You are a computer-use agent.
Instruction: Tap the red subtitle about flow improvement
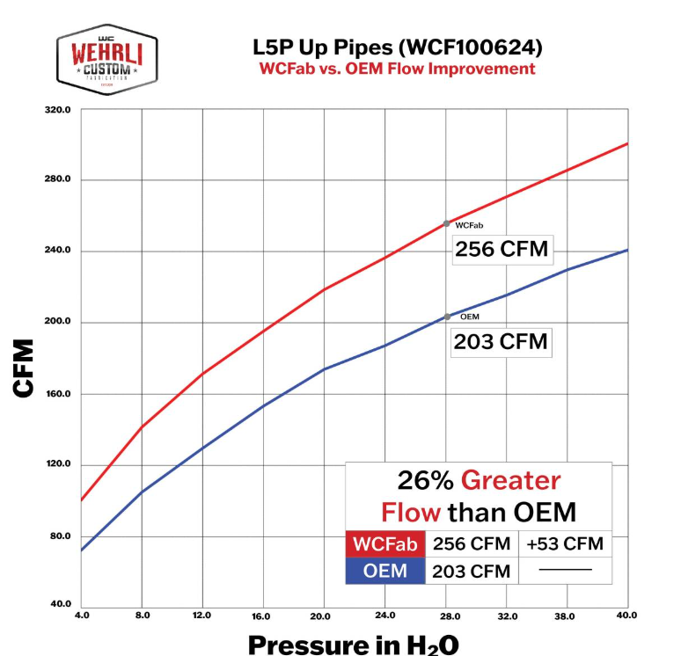[x=396, y=69]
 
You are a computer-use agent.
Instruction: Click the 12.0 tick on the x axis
[x=203, y=615]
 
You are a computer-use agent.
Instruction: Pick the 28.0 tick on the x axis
[x=446, y=615]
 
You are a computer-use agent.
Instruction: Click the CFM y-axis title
[x=24, y=368]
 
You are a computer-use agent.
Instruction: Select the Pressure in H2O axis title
[x=353, y=644]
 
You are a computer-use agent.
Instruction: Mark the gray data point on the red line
[x=446, y=223]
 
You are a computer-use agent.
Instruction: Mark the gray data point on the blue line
[x=447, y=317]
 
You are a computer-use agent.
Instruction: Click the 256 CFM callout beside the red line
[x=501, y=249]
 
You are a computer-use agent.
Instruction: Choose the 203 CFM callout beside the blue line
[x=501, y=341]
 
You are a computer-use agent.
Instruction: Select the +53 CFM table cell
[x=564, y=544]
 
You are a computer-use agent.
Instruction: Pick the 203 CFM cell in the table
[x=472, y=571]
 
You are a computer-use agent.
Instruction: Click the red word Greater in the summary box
[x=511, y=481]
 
